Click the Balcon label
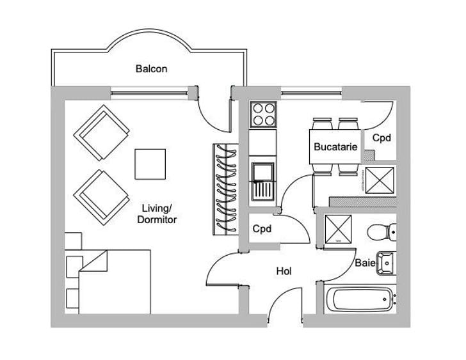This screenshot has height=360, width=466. (151, 69)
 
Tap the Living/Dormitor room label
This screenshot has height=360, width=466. (157, 214)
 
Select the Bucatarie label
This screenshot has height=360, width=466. (335, 146)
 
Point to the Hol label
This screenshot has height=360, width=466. (284, 271)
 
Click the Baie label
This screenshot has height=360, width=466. (366, 263)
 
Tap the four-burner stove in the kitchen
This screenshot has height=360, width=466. (263, 114)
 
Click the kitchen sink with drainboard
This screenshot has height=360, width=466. (263, 182)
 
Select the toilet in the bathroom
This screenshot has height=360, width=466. (382, 231)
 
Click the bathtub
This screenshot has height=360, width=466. (360, 299)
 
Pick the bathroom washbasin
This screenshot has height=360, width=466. (386, 263)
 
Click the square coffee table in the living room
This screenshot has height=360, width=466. (150, 164)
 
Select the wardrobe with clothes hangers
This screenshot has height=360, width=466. (225, 189)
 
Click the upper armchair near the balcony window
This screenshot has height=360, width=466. (101, 132)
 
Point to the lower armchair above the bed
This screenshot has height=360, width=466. (101, 198)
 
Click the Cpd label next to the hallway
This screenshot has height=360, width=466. (262, 228)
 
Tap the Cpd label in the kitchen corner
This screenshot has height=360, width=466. (382, 137)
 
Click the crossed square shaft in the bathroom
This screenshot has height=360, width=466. (338, 229)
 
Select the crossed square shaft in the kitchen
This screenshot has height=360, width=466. (380, 180)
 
